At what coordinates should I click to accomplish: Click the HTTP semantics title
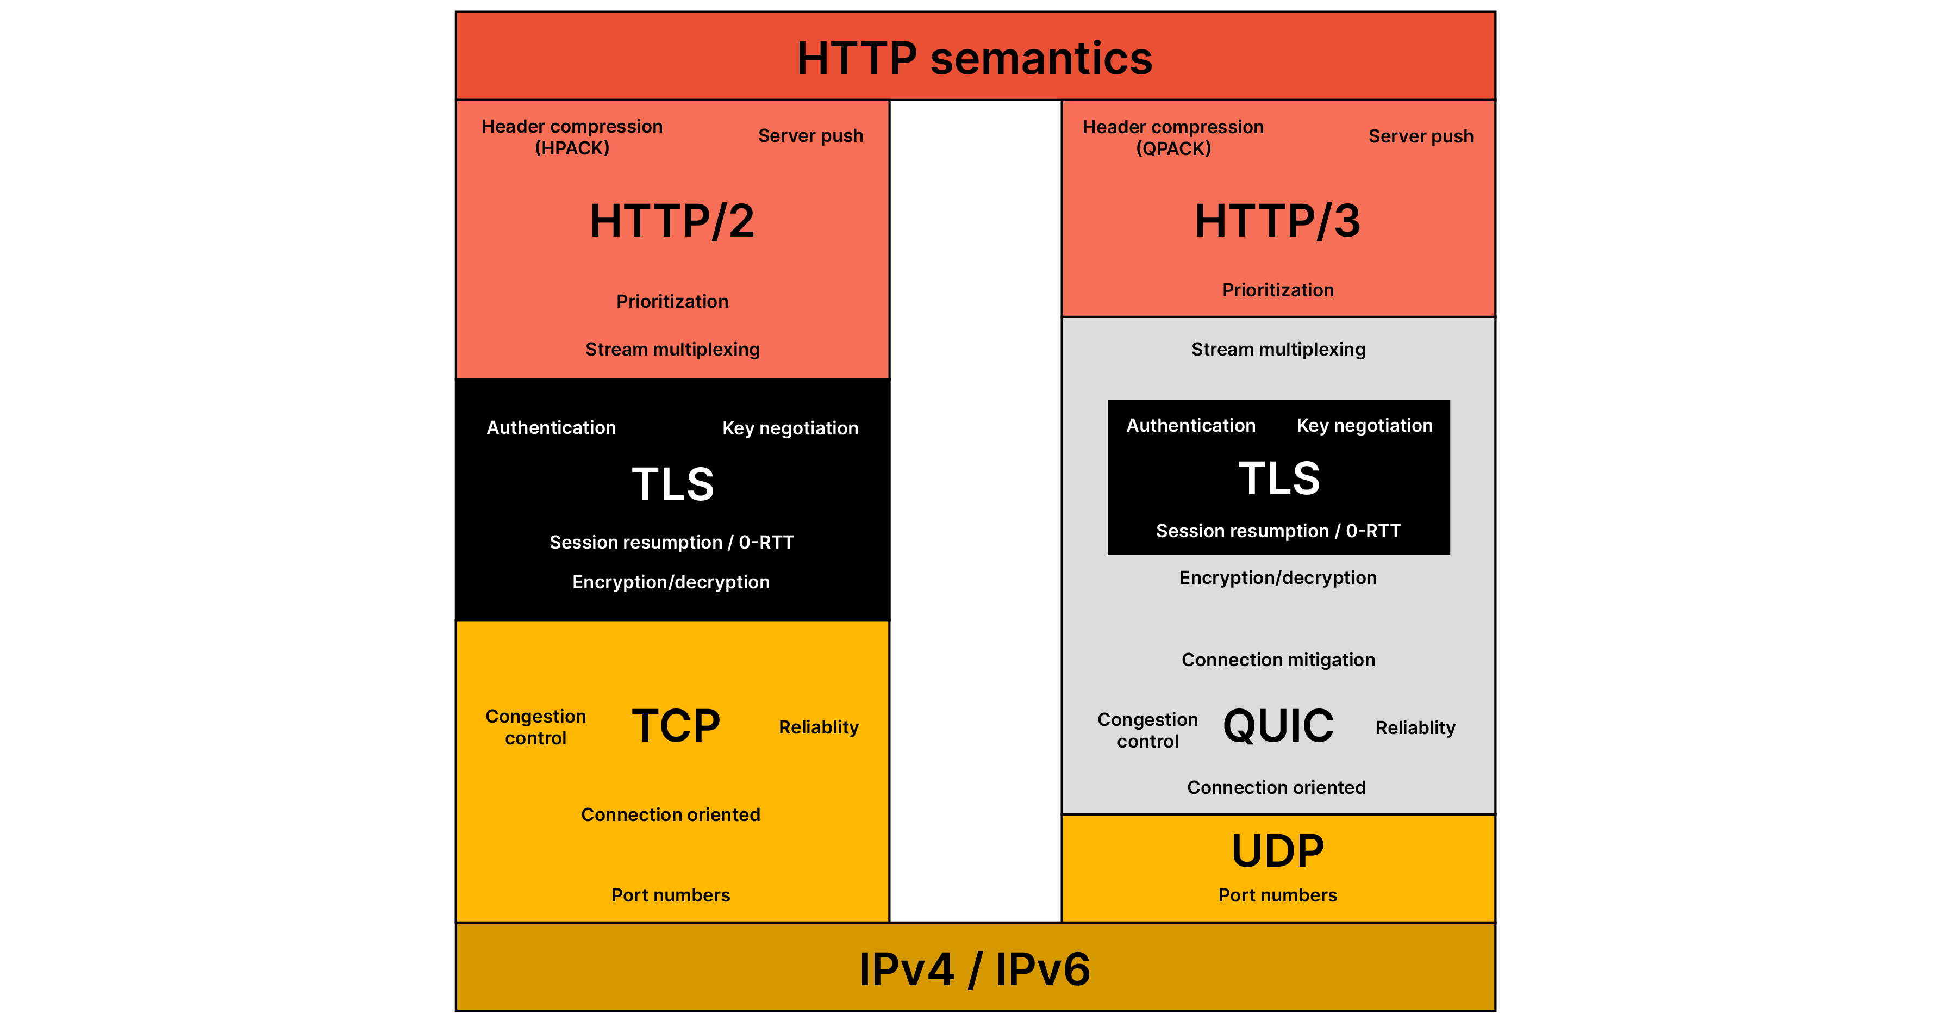pyautogui.click(x=974, y=58)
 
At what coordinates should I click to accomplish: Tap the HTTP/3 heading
pyautogui.click(x=1277, y=221)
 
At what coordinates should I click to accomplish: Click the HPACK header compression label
pyautogui.click(x=572, y=137)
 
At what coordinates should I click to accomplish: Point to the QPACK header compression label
pyautogui.click(x=1173, y=138)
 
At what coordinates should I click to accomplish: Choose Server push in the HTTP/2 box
pyautogui.click(x=810, y=136)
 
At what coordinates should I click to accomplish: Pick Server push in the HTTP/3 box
pyautogui.click(x=1421, y=137)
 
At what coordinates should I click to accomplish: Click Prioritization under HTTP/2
pyautogui.click(x=672, y=301)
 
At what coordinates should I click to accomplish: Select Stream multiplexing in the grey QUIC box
pyautogui.click(x=1278, y=350)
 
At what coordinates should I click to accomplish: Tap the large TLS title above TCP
pyautogui.click(x=672, y=484)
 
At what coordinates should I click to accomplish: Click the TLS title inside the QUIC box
pyautogui.click(x=1279, y=478)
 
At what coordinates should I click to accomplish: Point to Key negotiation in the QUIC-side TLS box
pyautogui.click(x=1364, y=425)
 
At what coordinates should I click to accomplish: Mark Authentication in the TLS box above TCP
pyautogui.click(x=551, y=427)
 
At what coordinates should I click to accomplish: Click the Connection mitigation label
pyautogui.click(x=1278, y=660)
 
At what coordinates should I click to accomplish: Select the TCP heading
pyautogui.click(x=676, y=726)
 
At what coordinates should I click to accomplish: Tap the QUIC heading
pyautogui.click(x=1278, y=726)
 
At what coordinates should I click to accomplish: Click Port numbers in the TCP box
pyautogui.click(x=671, y=895)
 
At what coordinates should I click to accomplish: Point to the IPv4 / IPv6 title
pyautogui.click(x=974, y=969)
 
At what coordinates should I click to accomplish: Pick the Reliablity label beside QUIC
pyautogui.click(x=1415, y=728)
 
